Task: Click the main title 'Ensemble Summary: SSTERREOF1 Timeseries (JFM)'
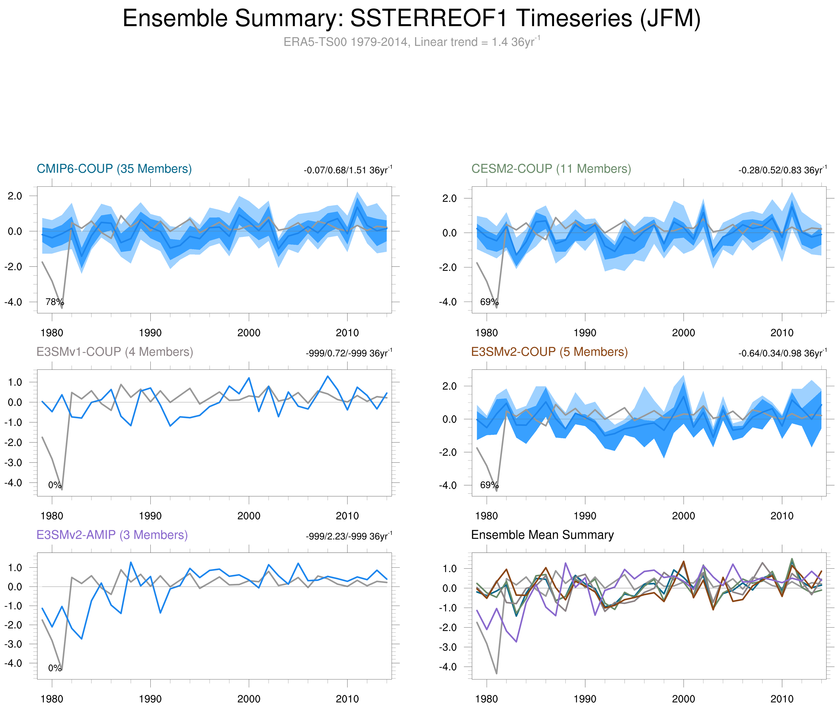(x=411, y=19)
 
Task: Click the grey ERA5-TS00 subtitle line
(x=411, y=42)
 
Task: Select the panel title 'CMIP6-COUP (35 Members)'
(x=114, y=169)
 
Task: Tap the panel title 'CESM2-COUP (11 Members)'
(x=550, y=169)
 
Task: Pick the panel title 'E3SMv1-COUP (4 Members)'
(x=114, y=352)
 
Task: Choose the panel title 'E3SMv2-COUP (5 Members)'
(x=549, y=352)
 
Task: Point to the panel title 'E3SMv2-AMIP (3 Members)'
(x=112, y=535)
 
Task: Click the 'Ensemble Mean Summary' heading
(x=542, y=535)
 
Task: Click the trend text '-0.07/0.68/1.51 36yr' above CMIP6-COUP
(x=347, y=170)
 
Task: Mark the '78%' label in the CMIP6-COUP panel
(x=54, y=302)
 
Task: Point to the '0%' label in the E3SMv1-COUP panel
(x=54, y=485)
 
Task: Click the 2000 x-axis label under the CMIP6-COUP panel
(x=249, y=333)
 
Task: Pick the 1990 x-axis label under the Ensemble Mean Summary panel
(x=585, y=699)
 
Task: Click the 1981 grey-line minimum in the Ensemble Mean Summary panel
(x=496, y=673)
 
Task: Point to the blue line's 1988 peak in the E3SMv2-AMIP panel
(x=131, y=562)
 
